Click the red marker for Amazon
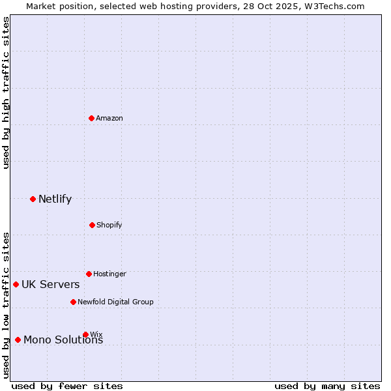pyautogui.click(x=92, y=118)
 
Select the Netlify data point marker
pyautogui.click(x=33, y=199)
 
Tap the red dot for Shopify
pyautogui.click(x=92, y=225)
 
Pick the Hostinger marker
pyautogui.click(x=89, y=274)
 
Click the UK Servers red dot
pyautogui.click(x=16, y=284)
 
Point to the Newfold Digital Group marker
pyautogui.click(x=73, y=302)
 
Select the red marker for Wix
pyautogui.click(x=85, y=334)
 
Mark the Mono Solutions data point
pyautogui.click(x=18, y=340)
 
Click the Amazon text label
pyautogui.click(x=109, y=119)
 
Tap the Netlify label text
pyautogui.click(x=55, y=199)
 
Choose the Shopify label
pyautogui.click(x=109, y=225)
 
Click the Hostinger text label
pyautogui.click(x=109, y=274)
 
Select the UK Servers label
pyautogui.click(x=50, y=285)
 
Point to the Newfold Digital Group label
pyautogui.click(x=115, y=302)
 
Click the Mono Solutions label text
pyautogui.click(x=63, y=340)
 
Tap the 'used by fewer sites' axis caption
pyautogui.click(x=67, y=386)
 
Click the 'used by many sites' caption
pyautogui.click(x=327, y=386)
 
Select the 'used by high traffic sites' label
pyautogui.click(x=7, y=93)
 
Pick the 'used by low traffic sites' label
pyautogui.click(x=7, y=304)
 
